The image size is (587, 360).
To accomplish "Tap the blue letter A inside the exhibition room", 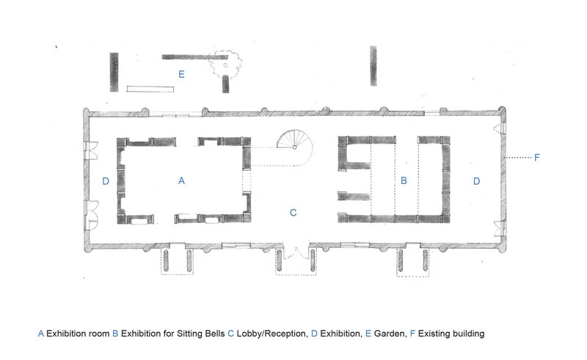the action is pos(181,181).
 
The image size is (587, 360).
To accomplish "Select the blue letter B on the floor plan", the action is pos(404,181).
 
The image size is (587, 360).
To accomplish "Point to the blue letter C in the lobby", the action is pos(293,213).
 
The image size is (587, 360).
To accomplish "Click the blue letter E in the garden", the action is pos(181,74).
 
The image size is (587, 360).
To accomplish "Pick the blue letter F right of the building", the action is pos(537,157).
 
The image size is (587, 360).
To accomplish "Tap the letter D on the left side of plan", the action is pos(106,181).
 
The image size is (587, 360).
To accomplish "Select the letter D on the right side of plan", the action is pos(476,181).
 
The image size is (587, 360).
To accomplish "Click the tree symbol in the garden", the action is pos(225,65).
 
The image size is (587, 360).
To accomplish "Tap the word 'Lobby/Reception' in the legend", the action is pos(271,334).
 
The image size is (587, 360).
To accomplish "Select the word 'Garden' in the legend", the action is pos(390,334).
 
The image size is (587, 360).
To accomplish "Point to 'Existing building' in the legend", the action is pos(451,334).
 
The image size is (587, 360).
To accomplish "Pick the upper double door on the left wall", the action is pos(91,150).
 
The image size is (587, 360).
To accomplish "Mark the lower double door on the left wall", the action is pos(91,214).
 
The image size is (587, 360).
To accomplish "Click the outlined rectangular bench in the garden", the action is pos(150,89).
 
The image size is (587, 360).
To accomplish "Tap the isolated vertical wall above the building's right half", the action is pos(373,66).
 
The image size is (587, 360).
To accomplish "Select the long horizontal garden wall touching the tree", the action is pos(194,57).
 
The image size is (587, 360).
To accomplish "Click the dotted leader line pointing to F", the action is pos(519,158).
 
